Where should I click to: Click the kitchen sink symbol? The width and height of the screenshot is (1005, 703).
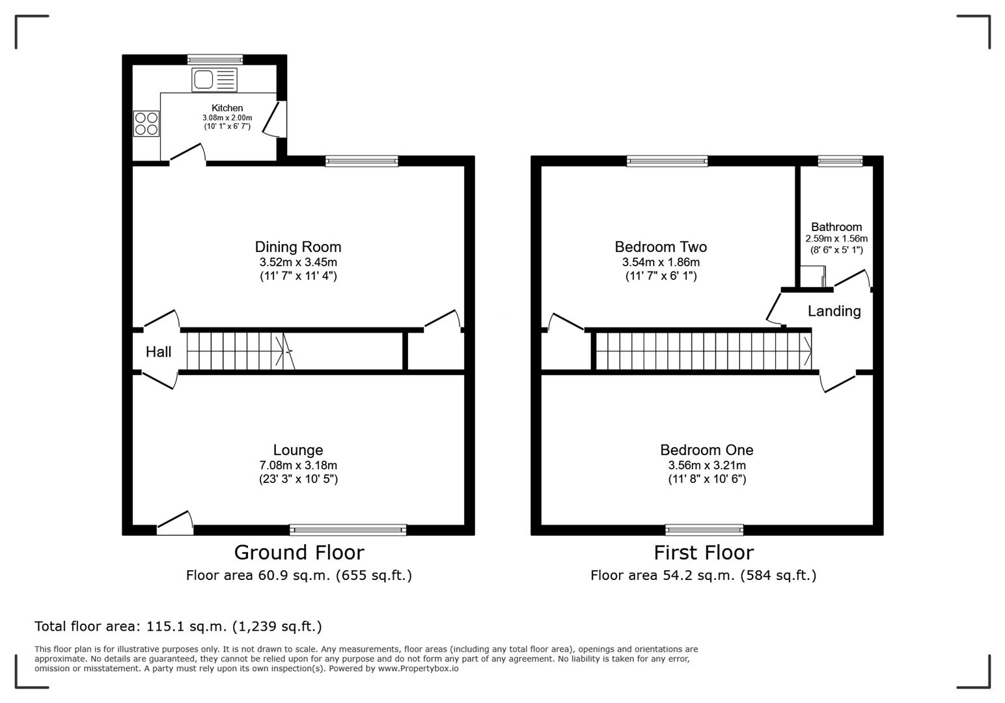[214, 81]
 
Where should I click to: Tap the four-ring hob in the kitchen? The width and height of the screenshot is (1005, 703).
[146, 124]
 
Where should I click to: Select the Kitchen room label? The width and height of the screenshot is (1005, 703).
[227, 108]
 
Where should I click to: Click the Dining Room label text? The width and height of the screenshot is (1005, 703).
[298, 247]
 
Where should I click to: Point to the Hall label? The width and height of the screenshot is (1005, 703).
[158, 352]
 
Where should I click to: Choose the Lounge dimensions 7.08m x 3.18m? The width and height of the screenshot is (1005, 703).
[298, 465]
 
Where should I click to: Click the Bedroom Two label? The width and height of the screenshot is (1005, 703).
[661, 247]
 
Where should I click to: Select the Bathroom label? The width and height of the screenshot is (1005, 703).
[836, 227]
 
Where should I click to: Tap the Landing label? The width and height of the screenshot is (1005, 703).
[834, 311]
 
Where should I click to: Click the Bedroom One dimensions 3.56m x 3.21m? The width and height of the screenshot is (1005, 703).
[707, 465]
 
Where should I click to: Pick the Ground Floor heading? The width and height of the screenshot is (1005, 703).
[299, 553]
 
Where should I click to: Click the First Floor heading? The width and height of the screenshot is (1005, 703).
[704, 553]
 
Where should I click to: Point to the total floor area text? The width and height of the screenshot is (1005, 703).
[178, 626]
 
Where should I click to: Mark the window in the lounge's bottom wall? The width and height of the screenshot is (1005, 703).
[348, 530]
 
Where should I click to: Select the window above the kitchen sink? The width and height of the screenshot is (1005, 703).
[215, 59]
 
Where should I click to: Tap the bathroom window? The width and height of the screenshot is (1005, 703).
[840, 161]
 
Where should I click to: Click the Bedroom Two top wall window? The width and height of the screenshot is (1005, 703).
[667, 161]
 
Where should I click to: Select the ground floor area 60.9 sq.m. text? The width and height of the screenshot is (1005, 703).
[299, 575]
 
